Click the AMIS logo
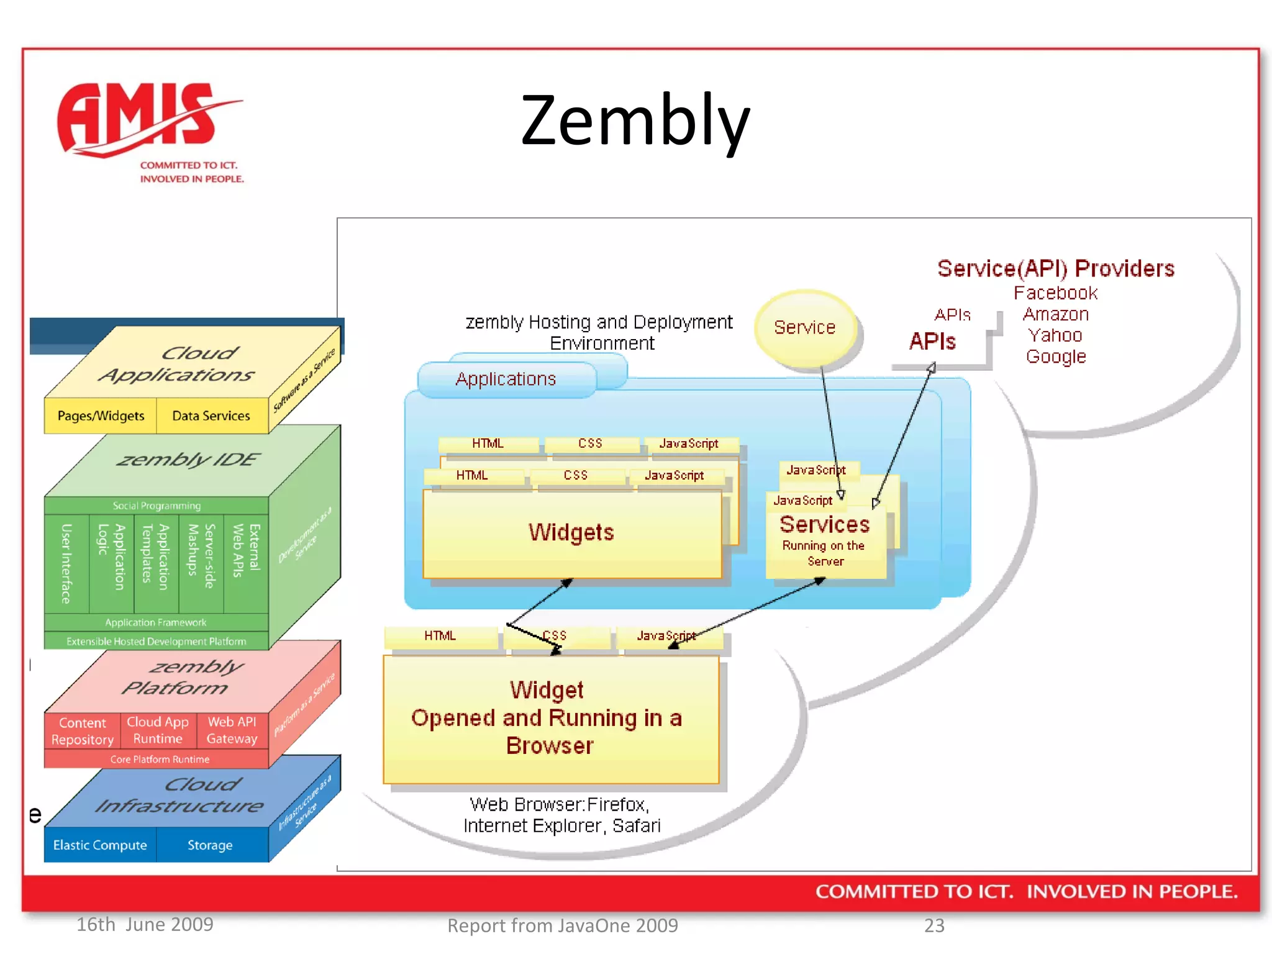[x=149, y=130]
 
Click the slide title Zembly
[x=635, y=120]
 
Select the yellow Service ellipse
[x=805, y=327]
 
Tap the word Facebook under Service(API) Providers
[x=1055, y=293]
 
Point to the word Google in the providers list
[x=1056, y=357]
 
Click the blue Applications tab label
[x=506, y=379]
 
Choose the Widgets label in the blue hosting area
[x=571, y=532]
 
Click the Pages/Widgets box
[x=101, y=416]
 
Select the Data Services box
[x=211, y=416]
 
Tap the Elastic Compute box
[x=100, y=845]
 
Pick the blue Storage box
[x=210, y=845]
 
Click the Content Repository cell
[x=83, y=731]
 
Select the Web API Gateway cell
[x=232, y=730]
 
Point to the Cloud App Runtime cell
[x=158, y=730]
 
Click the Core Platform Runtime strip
[x=160, y=759]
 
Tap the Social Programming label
[x=157, y=506]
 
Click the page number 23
[x=934, y=925]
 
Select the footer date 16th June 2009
[x=145, y=924]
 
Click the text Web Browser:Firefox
[x=559, y=804]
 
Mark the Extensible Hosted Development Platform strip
[x=157, y=641]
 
